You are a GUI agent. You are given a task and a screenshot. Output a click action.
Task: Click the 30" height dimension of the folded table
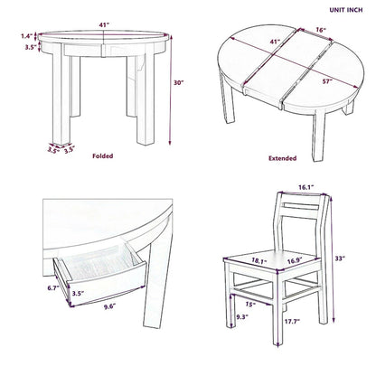point(181,83)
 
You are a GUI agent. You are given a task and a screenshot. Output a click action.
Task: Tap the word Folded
point(103,155)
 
